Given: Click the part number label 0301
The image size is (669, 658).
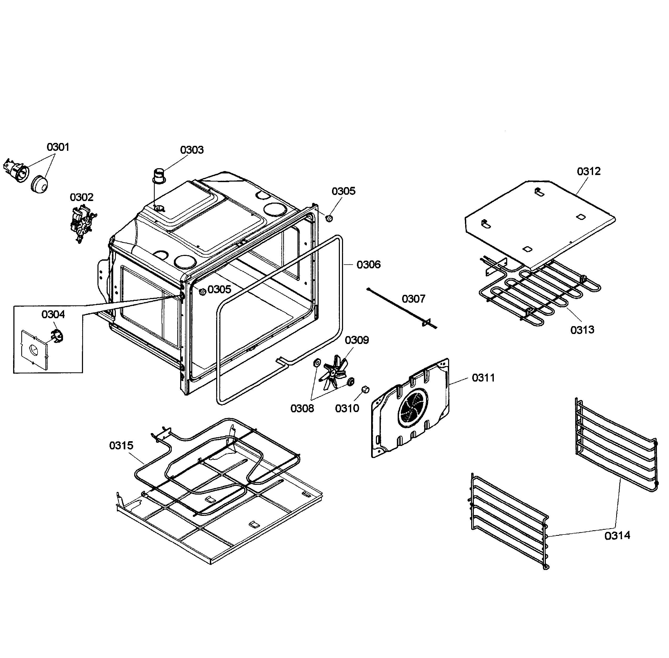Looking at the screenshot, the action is (58, 147).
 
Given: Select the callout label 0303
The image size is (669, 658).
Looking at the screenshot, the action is (192, 150).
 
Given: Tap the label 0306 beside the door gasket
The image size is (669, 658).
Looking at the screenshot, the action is (369, 265).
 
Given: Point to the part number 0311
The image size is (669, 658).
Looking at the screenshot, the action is (483, 378).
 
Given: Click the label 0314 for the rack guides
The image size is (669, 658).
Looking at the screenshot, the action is (617, 536).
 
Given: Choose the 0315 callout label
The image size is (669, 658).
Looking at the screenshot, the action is (121, 445).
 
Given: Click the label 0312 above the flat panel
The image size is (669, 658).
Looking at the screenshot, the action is (589, 171).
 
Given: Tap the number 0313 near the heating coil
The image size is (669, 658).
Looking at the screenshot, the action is (582, 330).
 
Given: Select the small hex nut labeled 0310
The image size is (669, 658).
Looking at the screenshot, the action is (365, 389).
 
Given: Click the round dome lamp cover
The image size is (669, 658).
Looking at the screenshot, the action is (40, 184).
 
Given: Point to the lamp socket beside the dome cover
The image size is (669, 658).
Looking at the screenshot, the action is (17, 170).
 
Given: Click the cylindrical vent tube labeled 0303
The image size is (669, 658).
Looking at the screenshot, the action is (159, 177).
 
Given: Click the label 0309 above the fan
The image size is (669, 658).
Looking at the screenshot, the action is (357, 340).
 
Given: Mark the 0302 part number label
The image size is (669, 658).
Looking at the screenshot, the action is (81, 197).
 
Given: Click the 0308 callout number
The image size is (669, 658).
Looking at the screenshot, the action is (302, 408).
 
